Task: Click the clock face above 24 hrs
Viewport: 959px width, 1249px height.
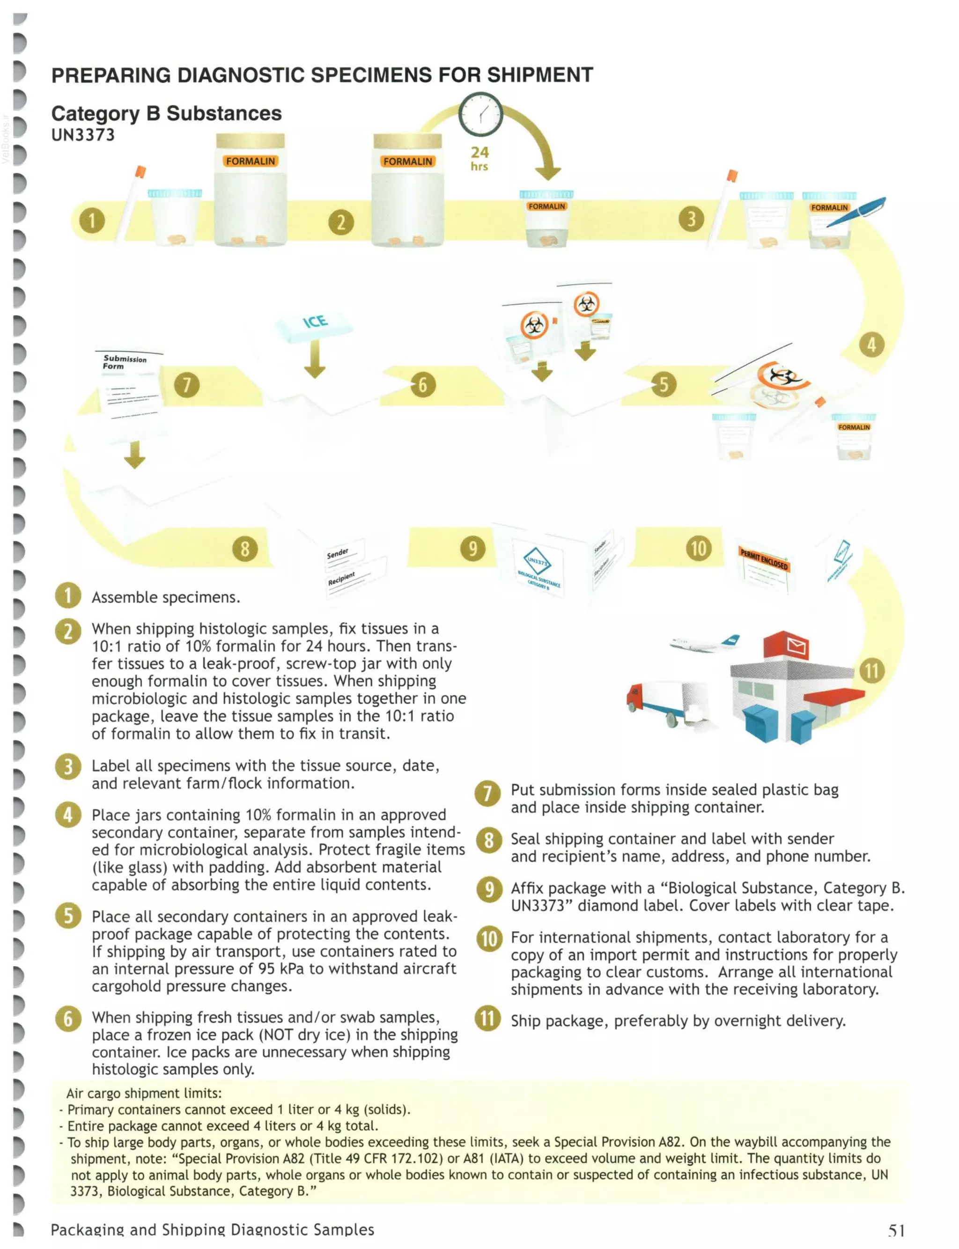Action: click(x=480, y=114)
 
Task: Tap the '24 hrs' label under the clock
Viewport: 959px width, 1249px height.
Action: click(x=479, y=159)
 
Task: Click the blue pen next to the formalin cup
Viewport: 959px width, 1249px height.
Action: click(x=855, y=212)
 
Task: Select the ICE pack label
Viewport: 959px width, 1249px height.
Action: click(x=315, y=323)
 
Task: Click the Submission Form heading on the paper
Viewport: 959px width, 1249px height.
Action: click(x=124, y=362)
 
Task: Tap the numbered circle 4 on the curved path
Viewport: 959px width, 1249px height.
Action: click(x=871, y=345)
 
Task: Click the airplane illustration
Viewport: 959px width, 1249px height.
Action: click(x=706, y=643)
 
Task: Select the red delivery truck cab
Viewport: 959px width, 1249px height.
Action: click(x=638, y=697)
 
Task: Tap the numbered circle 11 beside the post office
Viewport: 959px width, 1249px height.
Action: click(x=871, y=670)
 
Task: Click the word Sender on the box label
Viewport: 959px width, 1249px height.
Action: click(x=337, y=553)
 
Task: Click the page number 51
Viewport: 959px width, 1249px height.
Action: click(x=896, y=1230)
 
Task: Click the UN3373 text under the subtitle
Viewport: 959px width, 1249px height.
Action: click(x=83, y=135)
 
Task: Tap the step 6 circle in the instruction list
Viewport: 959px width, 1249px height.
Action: click(x=68, y=1019)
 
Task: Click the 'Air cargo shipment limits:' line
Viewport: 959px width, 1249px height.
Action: click(x=144, y=1093)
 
